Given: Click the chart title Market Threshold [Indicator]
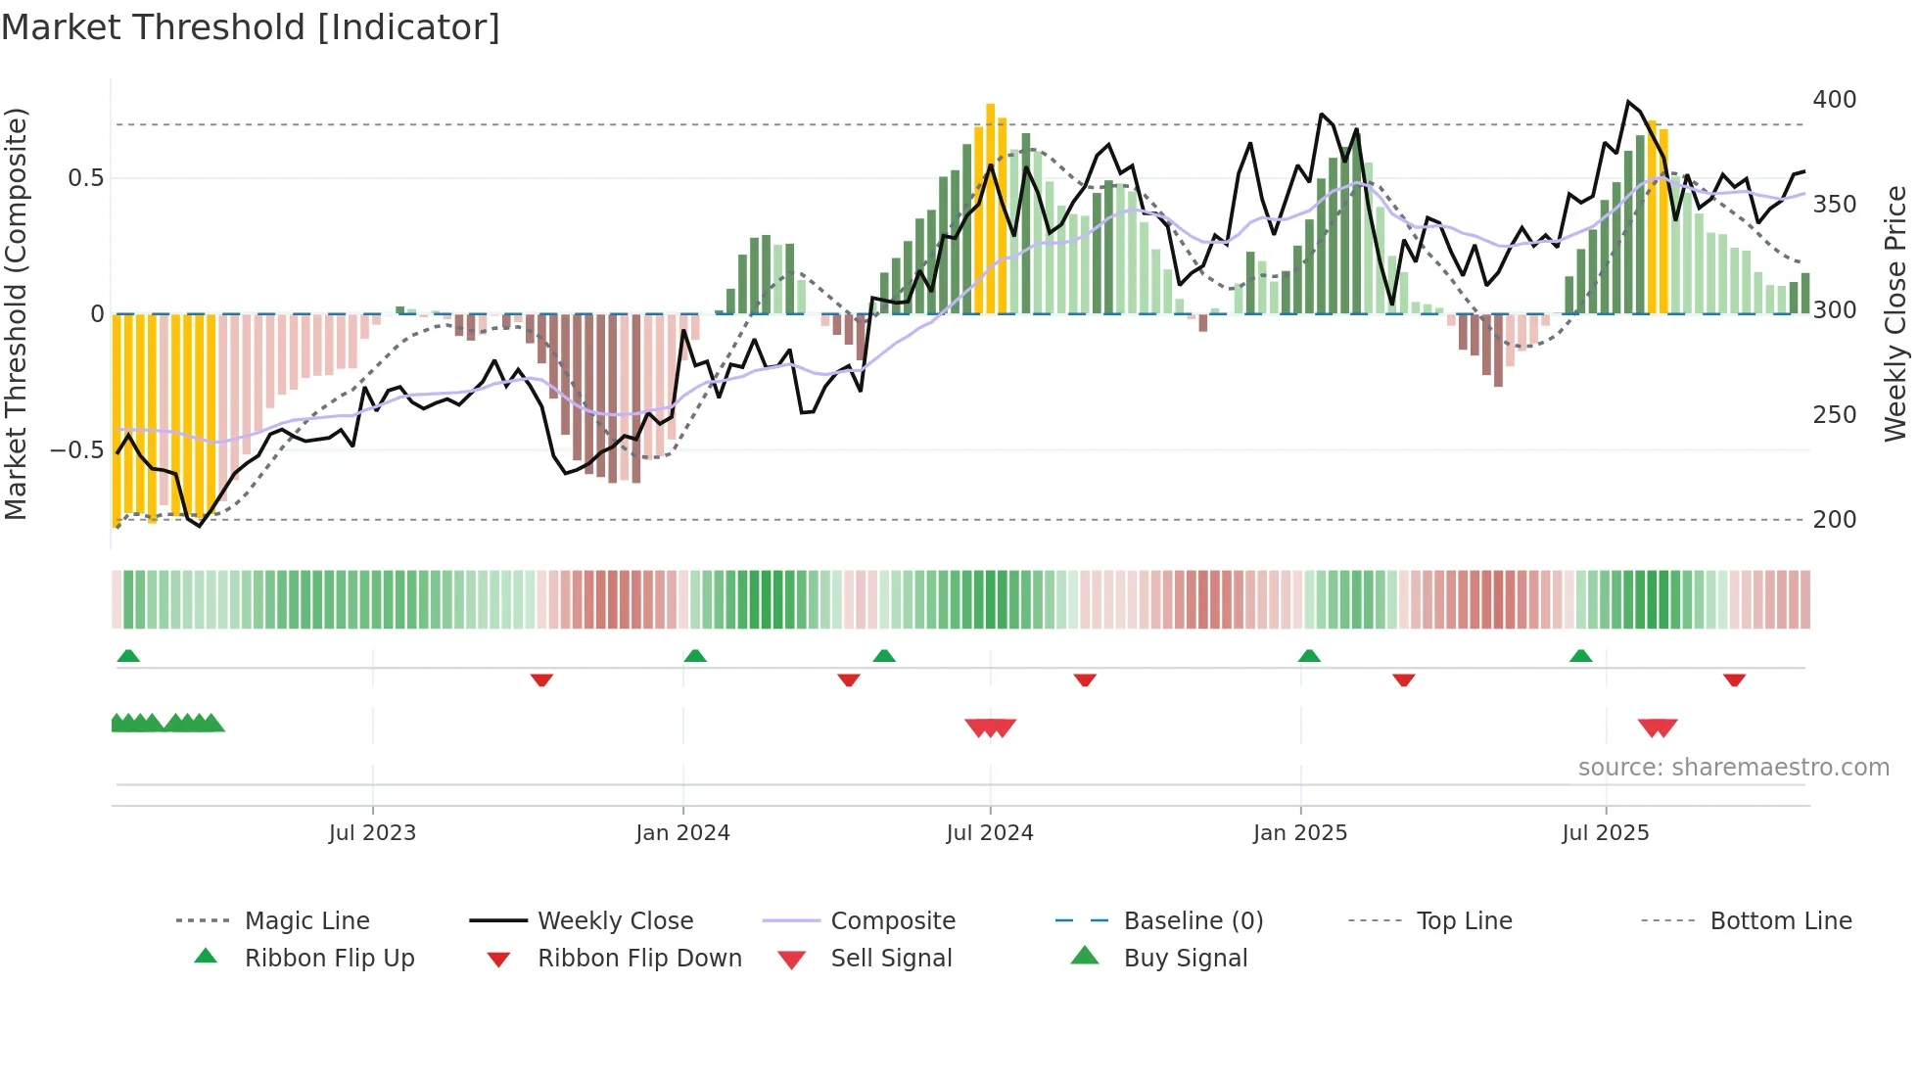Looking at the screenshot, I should [251, 27].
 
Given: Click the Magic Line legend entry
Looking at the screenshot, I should [306, 921].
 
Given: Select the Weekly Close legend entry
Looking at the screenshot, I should [615, 921].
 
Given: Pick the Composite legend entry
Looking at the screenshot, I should [893, 921].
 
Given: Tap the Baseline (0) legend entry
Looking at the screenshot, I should [1193, 921].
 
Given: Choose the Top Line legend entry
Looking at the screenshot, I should [1464, 921].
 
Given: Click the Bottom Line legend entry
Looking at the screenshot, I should [1780, 921].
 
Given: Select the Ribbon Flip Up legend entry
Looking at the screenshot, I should [329, 959].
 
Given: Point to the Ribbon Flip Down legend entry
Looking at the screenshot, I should [639, 959].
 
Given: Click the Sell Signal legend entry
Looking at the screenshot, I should [891, 959].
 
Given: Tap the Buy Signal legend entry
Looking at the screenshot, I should [1185, 959].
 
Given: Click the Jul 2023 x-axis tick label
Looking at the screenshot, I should [372, 833].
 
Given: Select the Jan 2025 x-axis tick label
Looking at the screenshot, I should [1300, 833].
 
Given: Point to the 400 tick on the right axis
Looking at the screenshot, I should [1834, 100].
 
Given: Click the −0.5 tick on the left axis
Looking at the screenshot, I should [76, 450].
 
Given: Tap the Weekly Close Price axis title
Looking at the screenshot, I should [1896, 313].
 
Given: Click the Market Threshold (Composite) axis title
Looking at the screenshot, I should [16, 313].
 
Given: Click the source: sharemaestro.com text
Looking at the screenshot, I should [1733, 768].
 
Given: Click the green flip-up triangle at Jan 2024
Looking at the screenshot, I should [695, 655].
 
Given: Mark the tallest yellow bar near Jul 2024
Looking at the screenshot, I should [991, 208].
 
